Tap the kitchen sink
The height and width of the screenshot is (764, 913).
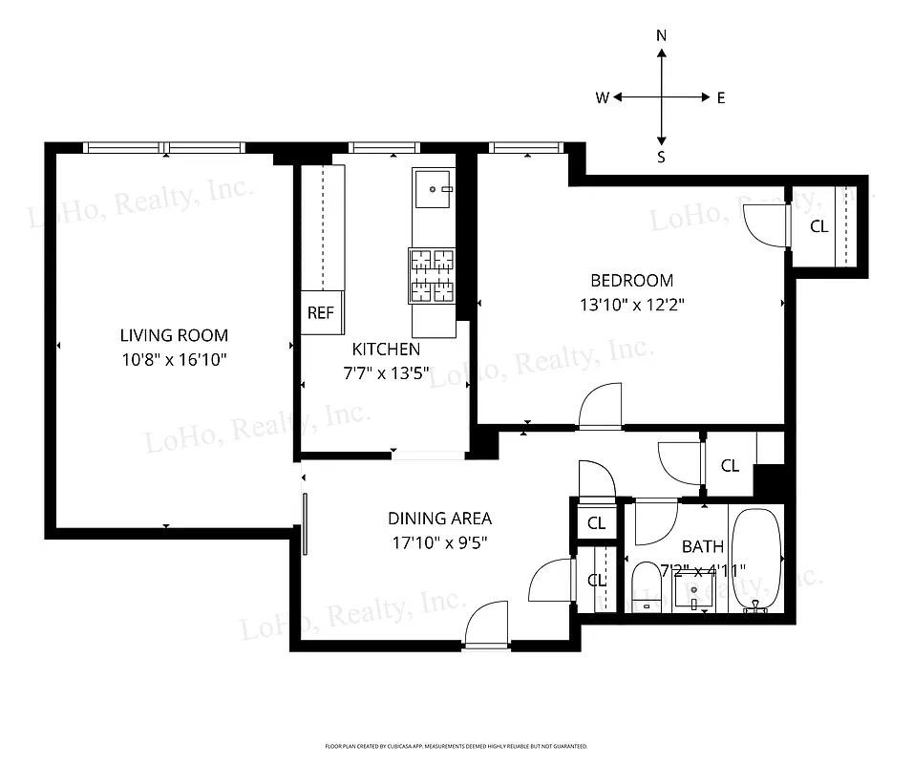tap(435, 190)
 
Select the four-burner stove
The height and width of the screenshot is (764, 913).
tap(432, 276)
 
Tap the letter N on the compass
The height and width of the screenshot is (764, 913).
tap(661, 35)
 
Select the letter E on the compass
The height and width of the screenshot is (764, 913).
tap(720, 97)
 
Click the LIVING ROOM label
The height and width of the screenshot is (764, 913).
tap(174, 335)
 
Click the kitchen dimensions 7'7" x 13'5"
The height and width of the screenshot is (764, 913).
tap(387, 372)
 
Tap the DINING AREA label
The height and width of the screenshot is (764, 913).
tap(439, 519)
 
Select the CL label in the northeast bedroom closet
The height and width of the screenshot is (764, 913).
tap(818, 226)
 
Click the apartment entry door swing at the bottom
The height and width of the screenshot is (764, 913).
tap(487, 626)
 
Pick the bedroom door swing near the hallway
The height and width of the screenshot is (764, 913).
tap(601, 407)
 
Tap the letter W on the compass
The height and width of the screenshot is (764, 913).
tap(603, 97)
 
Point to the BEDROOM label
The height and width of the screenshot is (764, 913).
tap(631, 281)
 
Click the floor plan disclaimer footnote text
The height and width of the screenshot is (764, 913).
tap(456, 746)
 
